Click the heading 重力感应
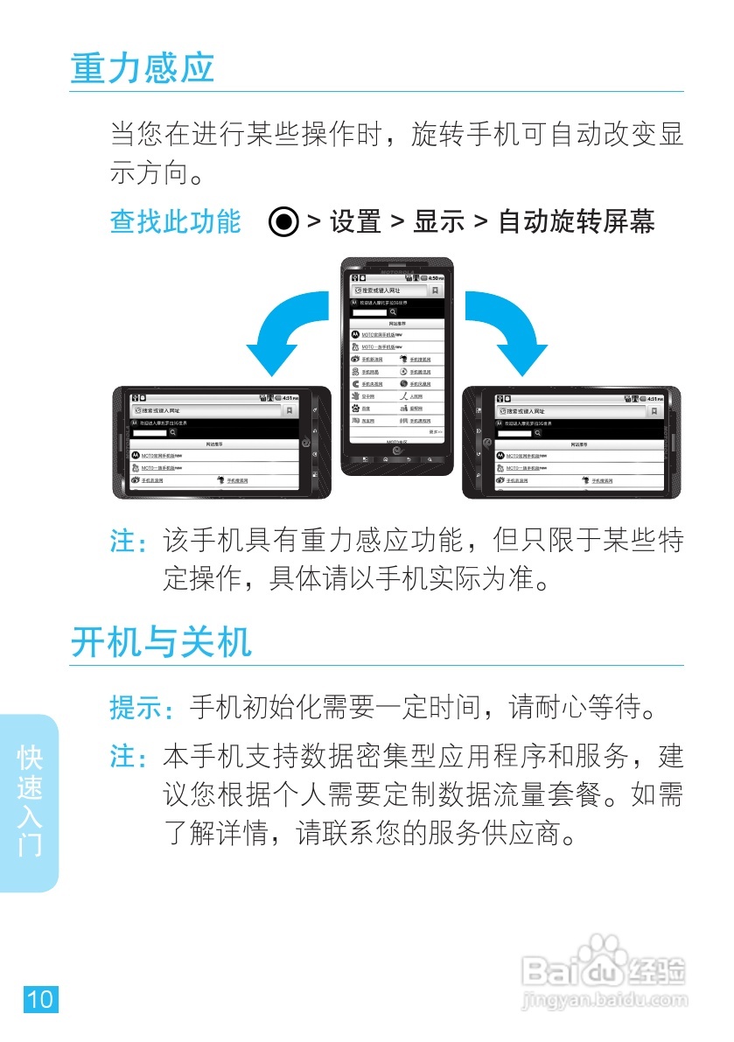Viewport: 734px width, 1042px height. point(143,68)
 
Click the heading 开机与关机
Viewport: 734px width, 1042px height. point(161,642)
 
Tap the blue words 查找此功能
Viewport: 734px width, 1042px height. point(175,221)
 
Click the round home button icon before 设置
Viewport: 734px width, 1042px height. point(284,222)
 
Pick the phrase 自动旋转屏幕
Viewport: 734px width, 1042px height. point(577,222)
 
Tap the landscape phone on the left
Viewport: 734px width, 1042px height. point(222,442)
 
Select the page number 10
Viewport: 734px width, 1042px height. point(41,998)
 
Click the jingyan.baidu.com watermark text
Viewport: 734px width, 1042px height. point(603,998)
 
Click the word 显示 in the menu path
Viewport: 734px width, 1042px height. point(439,222)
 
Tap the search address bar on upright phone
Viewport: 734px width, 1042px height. point(389,290)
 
